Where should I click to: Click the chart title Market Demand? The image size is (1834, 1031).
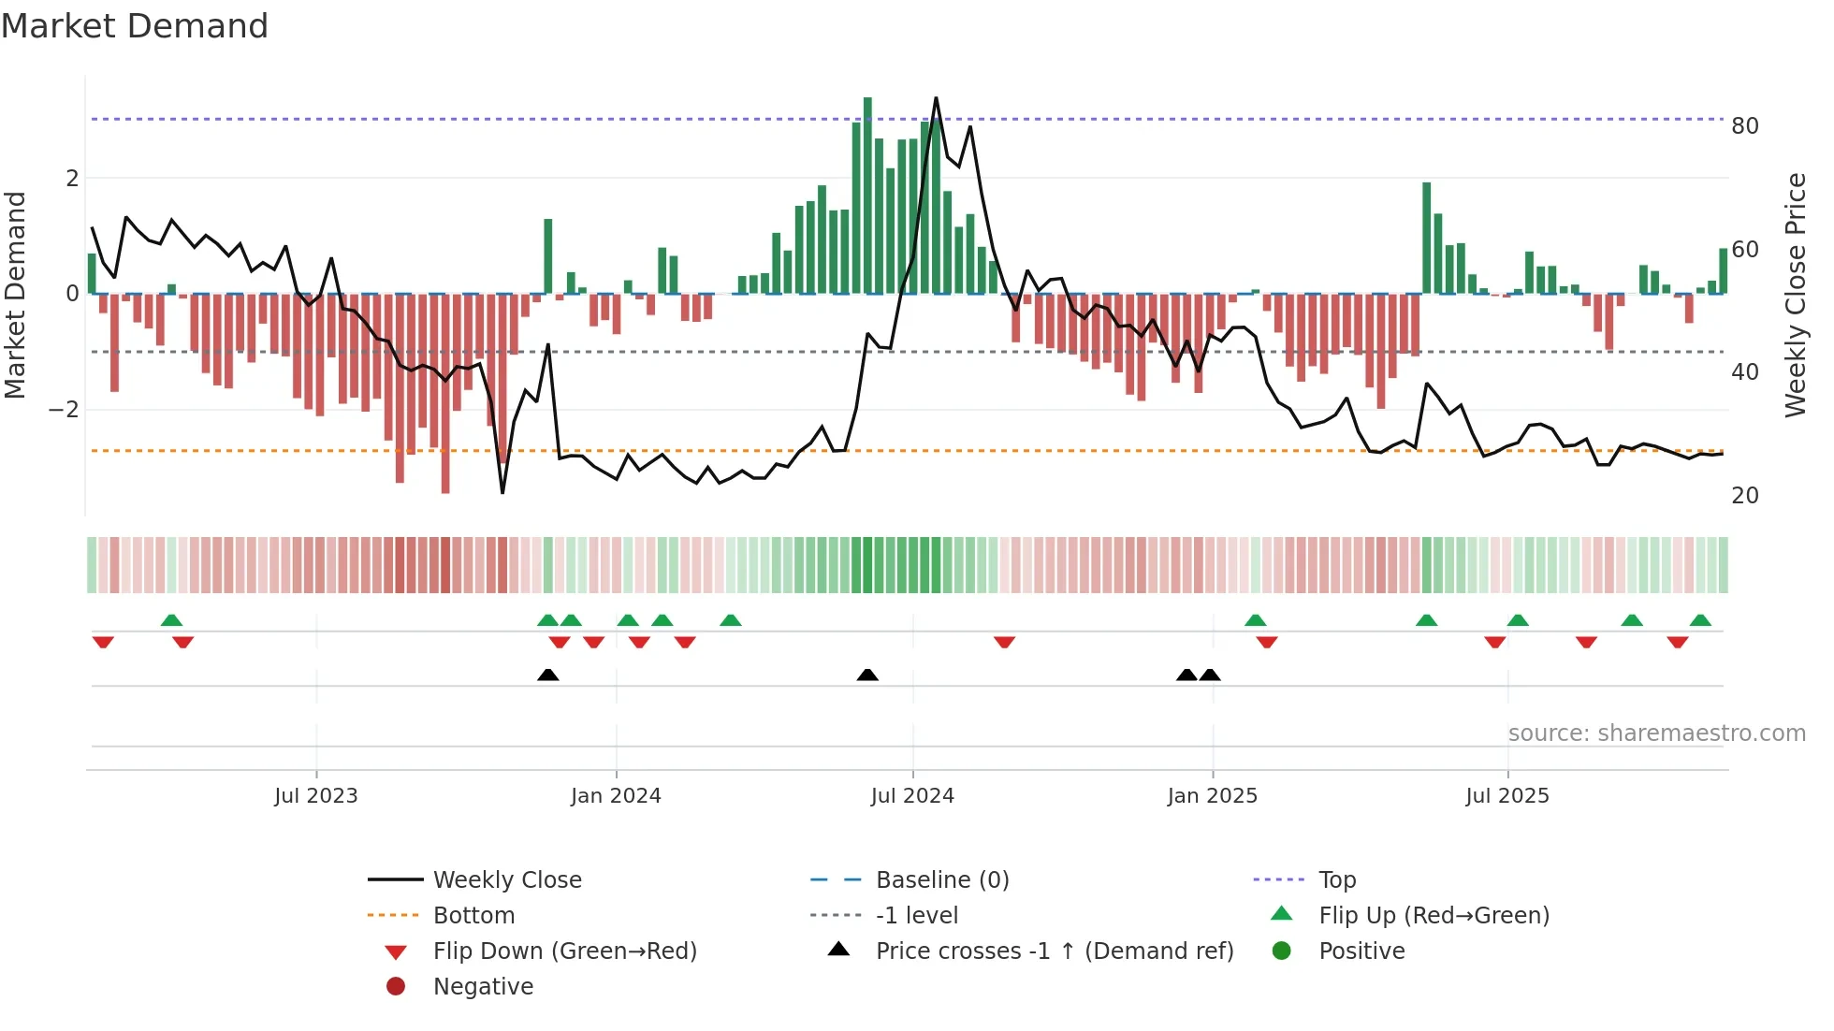[x=135, y=26]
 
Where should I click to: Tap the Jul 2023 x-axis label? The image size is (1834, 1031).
[x=316, y=796]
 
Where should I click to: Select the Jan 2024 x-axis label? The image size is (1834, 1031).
[x=616, y=796]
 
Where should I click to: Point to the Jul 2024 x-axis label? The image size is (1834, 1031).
[x=912, y=796]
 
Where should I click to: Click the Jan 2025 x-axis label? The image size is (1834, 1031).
[x=1213, y=796]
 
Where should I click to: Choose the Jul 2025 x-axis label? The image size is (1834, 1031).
[x=1507, y=796]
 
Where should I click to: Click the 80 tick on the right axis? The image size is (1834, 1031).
[x=1745, y=126]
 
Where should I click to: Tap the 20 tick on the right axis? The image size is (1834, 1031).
[x=1745, y=496]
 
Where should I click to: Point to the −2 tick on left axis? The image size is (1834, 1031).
[x=64, y=410]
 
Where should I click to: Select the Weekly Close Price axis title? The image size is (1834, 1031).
[x=1795, y=295]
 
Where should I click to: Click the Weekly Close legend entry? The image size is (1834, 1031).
[x=506, y=880]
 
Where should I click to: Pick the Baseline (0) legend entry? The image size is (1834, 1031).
[x=941, y=880]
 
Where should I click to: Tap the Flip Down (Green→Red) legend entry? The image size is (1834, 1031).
[x=564, y=951]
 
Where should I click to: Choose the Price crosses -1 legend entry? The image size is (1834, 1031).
[x=1054, y=951]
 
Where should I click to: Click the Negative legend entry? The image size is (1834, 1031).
[x=483, y=987]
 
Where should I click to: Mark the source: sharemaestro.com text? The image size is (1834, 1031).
[x=1656, y=733]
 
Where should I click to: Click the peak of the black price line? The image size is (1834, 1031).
[x=936, y=98]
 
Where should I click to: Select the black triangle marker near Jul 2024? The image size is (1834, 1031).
[x=867, y=675]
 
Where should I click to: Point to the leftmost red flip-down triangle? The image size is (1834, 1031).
[x=103, y=642]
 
